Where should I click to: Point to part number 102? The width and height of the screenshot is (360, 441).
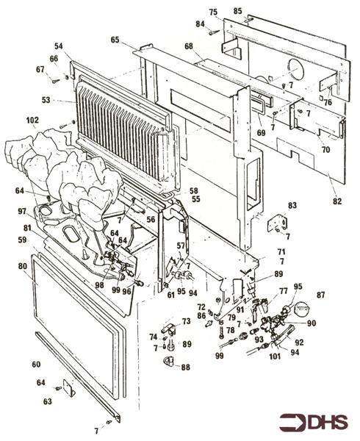click(x=32, y=119)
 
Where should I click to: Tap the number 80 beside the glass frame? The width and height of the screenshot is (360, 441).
click(x=23, y=266)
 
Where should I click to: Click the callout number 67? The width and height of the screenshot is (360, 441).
click(x=40, y=69)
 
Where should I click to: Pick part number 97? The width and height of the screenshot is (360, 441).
click(x=22, y=211)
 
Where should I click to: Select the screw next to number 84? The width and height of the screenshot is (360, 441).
click(x=213, y=32)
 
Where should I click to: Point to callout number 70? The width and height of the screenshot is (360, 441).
click(x=325, y=149)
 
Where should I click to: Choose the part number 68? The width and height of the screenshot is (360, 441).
click(x=189, y=46)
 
